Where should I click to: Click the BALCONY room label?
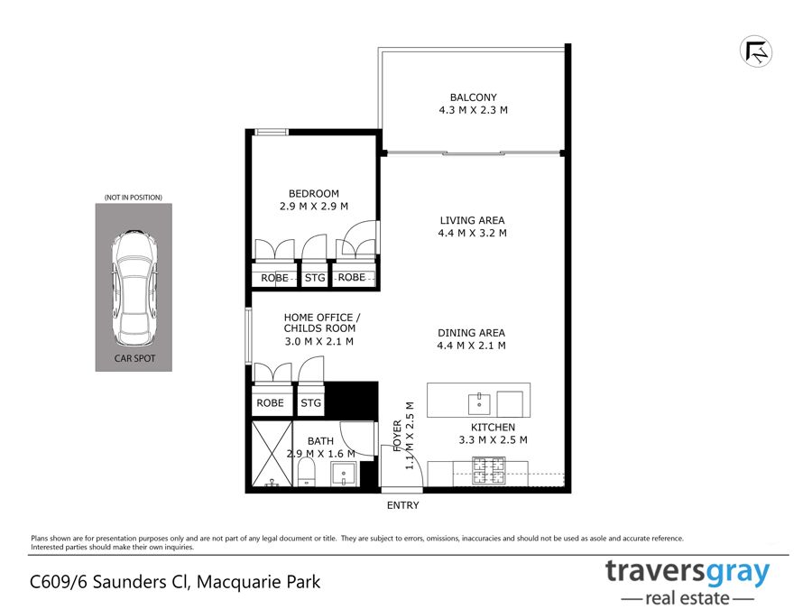coord(474,97)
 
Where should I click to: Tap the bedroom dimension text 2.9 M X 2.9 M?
coord(314,206)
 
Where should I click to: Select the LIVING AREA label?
coord(472,221)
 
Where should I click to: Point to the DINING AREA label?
coord(471,333)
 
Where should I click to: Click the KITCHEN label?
coord(493,428)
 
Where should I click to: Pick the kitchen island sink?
coord(479,404)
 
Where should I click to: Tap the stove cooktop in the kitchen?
coord(488,471)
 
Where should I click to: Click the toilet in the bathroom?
coord(307,472)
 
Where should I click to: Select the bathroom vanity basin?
coord(344,475)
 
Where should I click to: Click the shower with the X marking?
coord(272,454)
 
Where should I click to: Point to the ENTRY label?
coord(403,505)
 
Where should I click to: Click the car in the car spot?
coord(134,289)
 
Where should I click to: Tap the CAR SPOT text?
coord(134,358)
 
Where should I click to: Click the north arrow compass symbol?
coord(755,51)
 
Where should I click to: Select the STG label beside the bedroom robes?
coord(315,278)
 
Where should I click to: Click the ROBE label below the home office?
coord(271,403)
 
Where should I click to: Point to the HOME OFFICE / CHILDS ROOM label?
coord(321,323)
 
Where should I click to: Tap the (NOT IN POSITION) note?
coord(134,198)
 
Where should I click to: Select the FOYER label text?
coord(397,436)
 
